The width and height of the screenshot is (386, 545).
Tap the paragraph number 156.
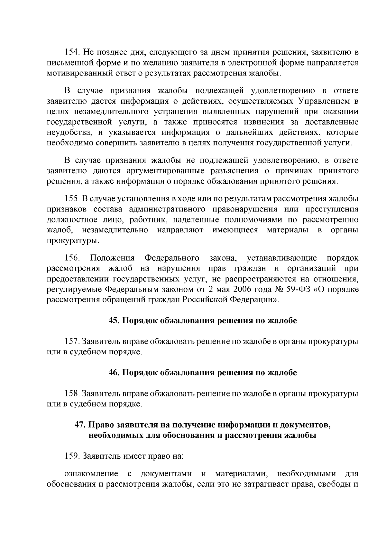coord(72,258)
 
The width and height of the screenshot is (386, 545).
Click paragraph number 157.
coord(72,341)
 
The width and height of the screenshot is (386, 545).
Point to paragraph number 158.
coord(72,393)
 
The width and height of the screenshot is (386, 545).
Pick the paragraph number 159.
coord(72,456)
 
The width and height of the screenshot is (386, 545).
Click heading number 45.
coord(114,321)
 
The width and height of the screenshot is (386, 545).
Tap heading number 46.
coord(114,373)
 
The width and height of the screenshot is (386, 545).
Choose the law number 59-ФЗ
coord(299,290)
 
